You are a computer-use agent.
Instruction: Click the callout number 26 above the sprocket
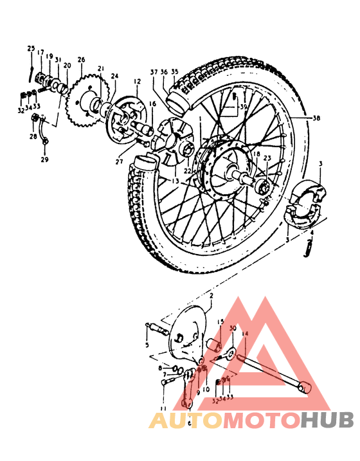pyautogui.click(x=81, y=60)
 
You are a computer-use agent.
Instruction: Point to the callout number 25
pyautogui.click(x=30, y=49)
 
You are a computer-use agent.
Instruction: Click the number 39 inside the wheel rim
pyautogui.click(x=243, y=106)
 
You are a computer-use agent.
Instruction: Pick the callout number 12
pyautogui.click(x=137, y=82)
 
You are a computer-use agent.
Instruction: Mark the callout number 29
pyautogui.click(x=44, y=159)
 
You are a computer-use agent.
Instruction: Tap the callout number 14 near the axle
pyautogui.click(x=244, y=333)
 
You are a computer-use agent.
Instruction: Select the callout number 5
pyautogui.click(x=147, y=345)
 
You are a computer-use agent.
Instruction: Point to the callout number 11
pyautogui.click(x=163, y=408)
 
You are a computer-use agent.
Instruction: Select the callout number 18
pyautogui.click(x=256, y=154)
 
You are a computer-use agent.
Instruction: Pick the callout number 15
pyautogui.click(x=220, y=321)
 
